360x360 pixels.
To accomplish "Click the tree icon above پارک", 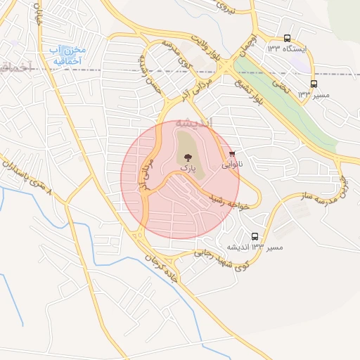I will coord(186,157).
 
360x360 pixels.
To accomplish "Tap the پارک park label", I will coord(186,169).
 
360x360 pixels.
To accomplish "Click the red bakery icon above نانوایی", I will coord(231,154).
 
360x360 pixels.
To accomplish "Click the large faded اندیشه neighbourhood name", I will coord(191,122).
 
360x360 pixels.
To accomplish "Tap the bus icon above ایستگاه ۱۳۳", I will coord(287,38).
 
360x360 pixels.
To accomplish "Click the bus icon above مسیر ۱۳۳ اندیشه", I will coord(255,237).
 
